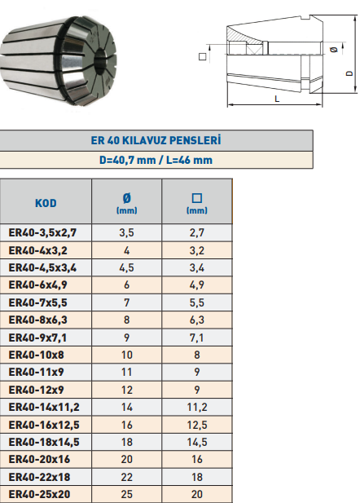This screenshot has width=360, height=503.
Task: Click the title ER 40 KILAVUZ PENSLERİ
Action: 156,140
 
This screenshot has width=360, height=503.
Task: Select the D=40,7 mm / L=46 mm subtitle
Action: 156,160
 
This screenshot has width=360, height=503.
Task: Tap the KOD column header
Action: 46,203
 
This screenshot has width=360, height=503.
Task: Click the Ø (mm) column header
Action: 126,203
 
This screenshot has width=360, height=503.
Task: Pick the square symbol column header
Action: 197,203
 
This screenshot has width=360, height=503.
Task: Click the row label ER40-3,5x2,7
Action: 42,232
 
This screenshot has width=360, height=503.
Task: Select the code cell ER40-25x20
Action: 39,494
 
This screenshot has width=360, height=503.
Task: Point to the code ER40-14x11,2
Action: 44,407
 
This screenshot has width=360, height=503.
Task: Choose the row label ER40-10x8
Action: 36,355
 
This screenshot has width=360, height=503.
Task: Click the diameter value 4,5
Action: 126,268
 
